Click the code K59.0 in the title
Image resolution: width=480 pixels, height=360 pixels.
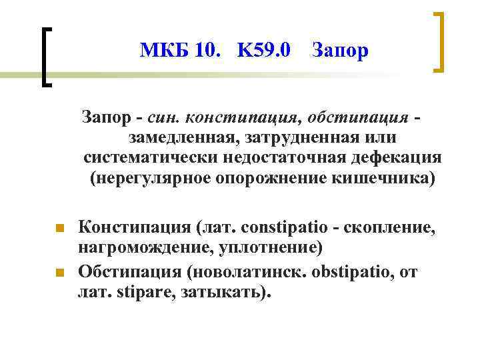click(x=263, y=50)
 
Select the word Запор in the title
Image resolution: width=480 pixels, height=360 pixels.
click(x=340, y=51)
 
